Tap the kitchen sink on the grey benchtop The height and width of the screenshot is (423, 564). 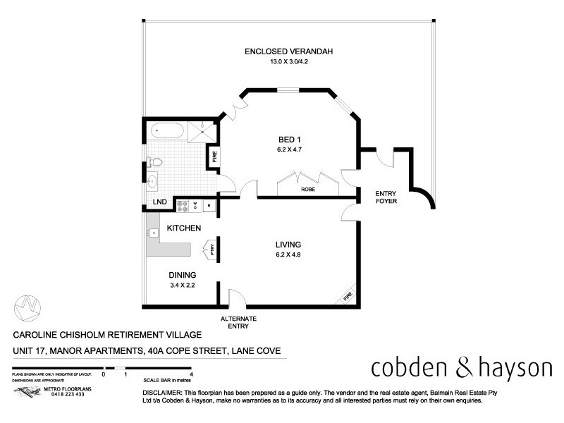click(x=153, y=232)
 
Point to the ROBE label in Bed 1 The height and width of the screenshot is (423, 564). click(x=308, y=190)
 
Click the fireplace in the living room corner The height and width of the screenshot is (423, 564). click(x=347, y=297)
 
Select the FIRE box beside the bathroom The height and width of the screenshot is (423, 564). click(x=214, y=156)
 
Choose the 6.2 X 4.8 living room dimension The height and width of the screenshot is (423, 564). click(x=288, y=255)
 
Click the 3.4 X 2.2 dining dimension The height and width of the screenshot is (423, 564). click(x=181, y=286)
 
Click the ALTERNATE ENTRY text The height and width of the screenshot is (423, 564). click(x=239, y=322)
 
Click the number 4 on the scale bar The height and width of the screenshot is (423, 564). click(x=192, y=374)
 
